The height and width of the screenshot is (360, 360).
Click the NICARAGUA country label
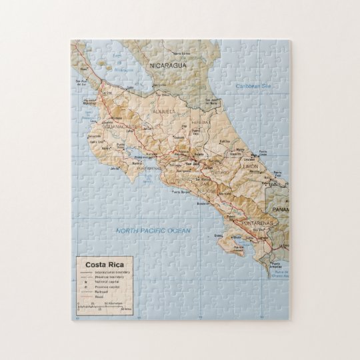tap(167, 65)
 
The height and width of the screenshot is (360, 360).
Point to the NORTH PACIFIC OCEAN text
tap(153, 231)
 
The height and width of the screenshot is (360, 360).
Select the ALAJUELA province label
tap(164, 111)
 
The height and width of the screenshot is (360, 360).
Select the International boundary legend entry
tap(112, 273)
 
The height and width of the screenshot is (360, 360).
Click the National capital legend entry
tap(108, 282)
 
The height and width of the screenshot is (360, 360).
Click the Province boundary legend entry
tap(110, 277)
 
